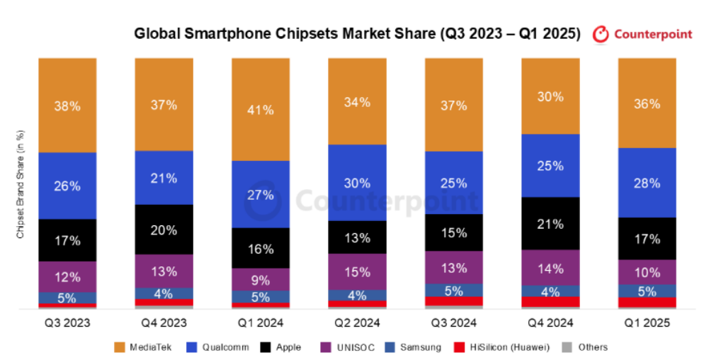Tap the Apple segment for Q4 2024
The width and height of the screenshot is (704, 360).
tap(550, 223)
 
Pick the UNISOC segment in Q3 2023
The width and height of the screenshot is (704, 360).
tap(67, 276)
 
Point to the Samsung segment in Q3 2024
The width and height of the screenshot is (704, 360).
tap(453, 290)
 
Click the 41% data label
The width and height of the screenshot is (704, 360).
tap(260, 109)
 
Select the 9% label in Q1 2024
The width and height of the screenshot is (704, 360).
tap(260, 279)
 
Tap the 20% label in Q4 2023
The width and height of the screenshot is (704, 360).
tap(164, 229)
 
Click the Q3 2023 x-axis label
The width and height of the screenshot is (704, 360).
tap(67, 322)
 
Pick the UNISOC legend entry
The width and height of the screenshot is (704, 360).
tap(346, 347)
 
